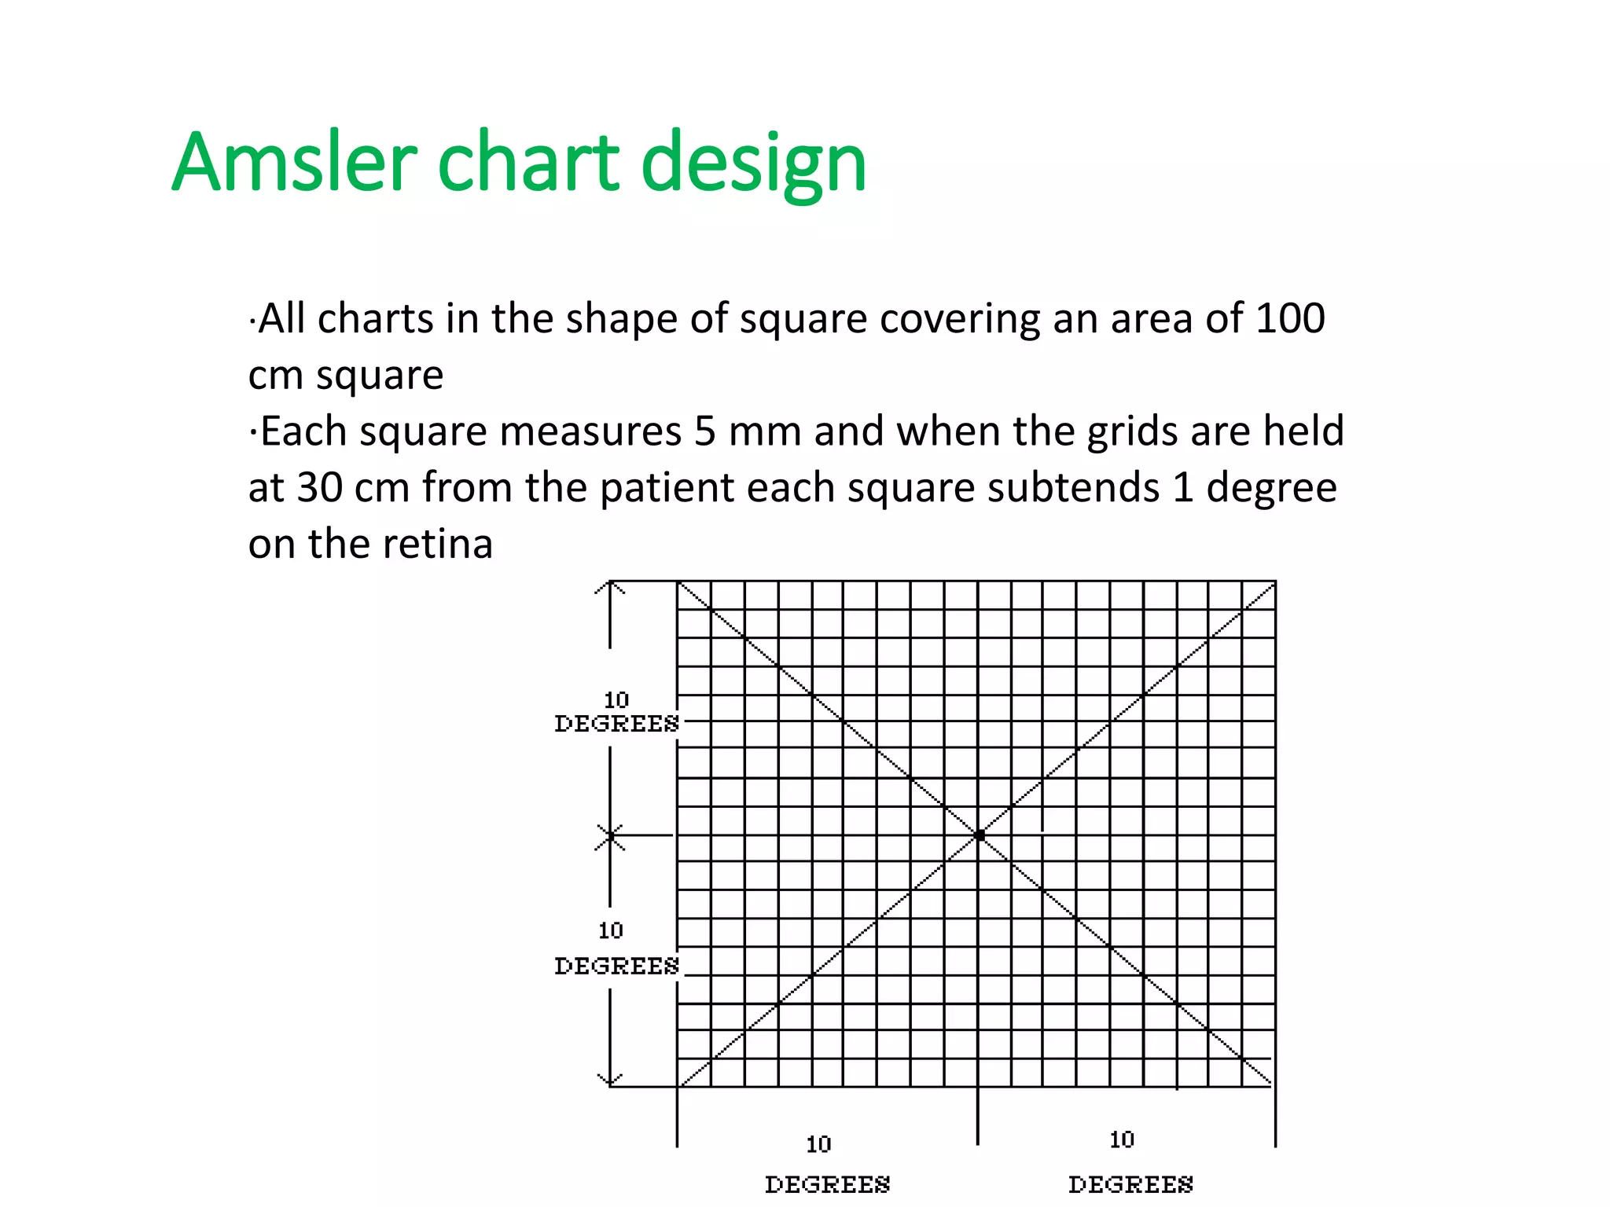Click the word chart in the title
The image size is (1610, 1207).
528,163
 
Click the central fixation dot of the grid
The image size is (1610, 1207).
980,835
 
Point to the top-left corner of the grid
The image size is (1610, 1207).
678,582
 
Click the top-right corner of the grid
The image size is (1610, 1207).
1275,582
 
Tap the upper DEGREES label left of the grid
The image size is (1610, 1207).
616,724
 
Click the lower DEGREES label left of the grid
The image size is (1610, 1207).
616,966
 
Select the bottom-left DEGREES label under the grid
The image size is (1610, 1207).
827,1184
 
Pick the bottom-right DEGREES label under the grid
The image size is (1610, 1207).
1130,1184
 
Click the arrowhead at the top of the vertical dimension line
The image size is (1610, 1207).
610,586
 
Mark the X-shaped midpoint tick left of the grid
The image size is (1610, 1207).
610,836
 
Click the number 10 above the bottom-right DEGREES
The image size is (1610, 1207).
1122,1139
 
